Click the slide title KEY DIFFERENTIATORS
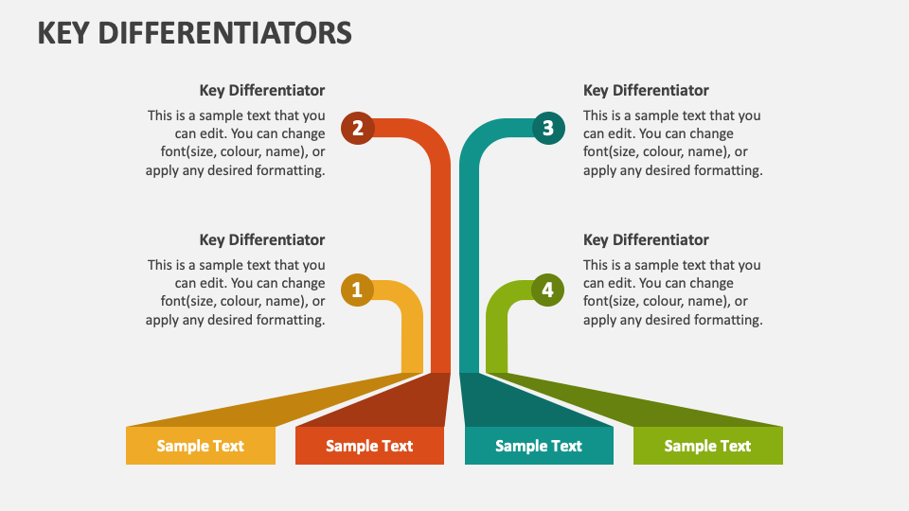point(195,33)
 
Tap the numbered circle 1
point(357,290)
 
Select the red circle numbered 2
point(358,128)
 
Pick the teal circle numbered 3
point(548,128)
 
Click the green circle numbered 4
point(547,290)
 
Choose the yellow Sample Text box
point(201,446)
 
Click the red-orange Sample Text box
point(369,446)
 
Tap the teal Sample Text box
point(539,446)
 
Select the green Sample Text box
point(708,446)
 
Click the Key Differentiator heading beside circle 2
point(262,91)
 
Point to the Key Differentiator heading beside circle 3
point(646,91)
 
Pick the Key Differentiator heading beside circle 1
point(262,239)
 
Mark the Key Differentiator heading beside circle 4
point(646,239)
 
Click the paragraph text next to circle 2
point(236,143)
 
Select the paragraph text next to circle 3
point(673,143)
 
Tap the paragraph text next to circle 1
point(236,292)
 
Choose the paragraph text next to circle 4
point(673,292)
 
